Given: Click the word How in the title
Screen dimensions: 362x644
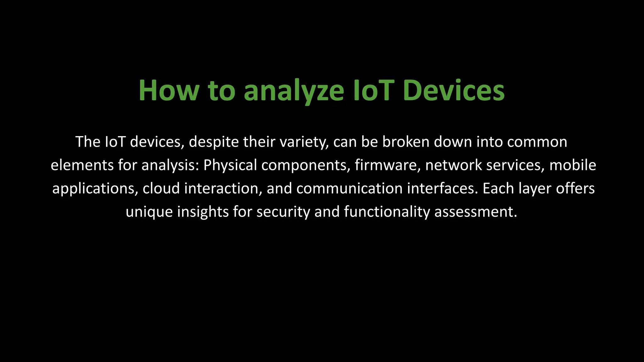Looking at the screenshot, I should coord(169,90).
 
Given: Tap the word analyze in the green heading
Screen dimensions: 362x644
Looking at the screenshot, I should coord(294,91).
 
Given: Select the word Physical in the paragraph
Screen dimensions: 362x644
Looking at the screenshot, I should coord(230,165).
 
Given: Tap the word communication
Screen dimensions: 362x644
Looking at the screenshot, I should coord(349,189).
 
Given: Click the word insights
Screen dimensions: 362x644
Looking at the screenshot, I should coord(203,211).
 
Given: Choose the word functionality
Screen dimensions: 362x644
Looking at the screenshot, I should coord(387,211).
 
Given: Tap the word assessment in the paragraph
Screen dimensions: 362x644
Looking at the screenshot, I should coord(475,211).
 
